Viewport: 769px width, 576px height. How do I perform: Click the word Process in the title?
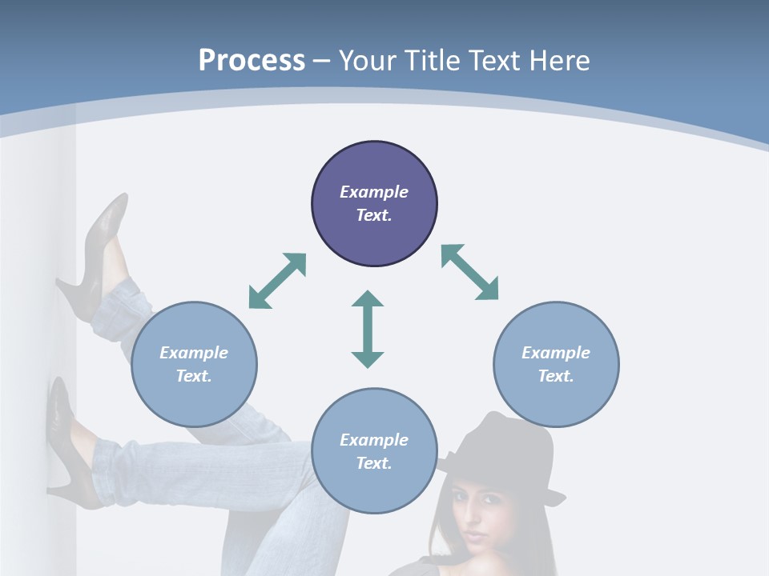coord(252,60)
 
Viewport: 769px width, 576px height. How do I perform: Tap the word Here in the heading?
coord(558,60)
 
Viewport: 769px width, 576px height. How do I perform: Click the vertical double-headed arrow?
coord(368,329)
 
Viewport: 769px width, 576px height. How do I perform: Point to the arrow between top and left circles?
coord(277,281)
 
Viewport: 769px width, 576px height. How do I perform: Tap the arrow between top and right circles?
coord(469,272)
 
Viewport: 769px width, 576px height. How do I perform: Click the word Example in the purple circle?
coord(374,192)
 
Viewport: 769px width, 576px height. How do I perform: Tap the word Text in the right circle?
coord(556,376)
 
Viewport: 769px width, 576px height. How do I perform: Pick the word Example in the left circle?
coord(194,353)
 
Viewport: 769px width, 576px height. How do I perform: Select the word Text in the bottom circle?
coord(374,463)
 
